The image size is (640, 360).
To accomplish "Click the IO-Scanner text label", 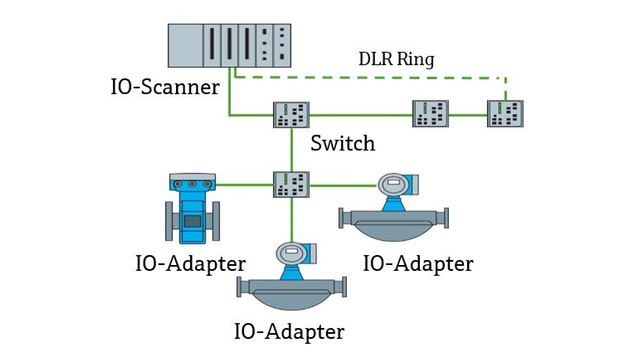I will tap(164, 87).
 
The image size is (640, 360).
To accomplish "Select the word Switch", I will tap(342, 143).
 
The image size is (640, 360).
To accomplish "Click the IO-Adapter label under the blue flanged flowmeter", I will tap(190, 264).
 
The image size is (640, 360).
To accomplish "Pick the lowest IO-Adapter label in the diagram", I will tap(289, 331).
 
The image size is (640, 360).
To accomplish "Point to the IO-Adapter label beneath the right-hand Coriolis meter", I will tap(418, 264).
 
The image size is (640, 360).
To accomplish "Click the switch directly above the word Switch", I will tap(291, 114).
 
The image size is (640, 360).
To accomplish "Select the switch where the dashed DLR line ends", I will tap(505, 113).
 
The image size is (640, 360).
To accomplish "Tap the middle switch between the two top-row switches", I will tap(431, 113).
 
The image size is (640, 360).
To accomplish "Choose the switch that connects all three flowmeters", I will tap(291, 184).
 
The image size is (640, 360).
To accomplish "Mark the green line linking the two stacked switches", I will tap(291, 149).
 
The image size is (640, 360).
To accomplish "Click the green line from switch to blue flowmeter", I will tap(245, 184).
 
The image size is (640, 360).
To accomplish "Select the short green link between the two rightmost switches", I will tap(468, 114).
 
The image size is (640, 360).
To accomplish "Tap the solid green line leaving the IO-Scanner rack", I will tap(229, 95).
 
